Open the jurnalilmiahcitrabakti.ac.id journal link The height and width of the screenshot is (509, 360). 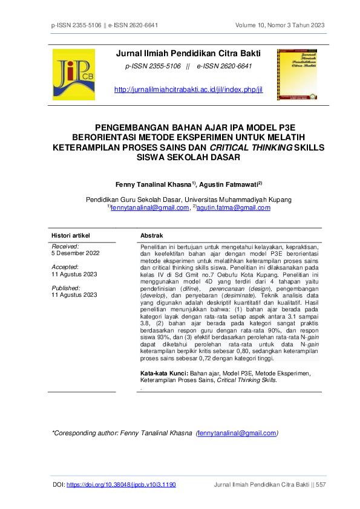(x=188, y=89)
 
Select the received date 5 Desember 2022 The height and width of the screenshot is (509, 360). (x=74, y=254)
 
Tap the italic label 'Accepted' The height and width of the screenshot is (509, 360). (x=65, y=266)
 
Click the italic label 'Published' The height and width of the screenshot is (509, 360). (x=66, y=288)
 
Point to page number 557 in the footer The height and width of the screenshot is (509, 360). (x=320, y=485)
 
